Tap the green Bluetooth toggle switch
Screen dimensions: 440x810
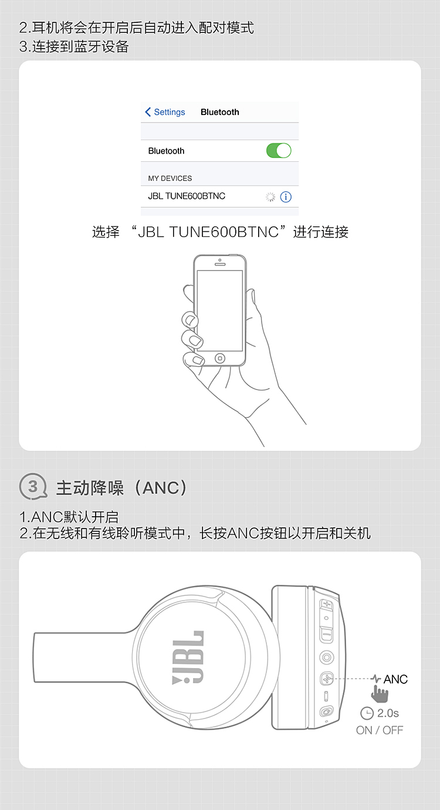pyautogui.click(x=279, y=151)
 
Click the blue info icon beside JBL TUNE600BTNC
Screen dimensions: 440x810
pyautogui.click(x=286, y=196)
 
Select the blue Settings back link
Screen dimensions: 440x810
pyautogui.click(x=165, y=112)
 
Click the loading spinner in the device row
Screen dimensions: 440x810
pyautogui.click(x=270, y=196)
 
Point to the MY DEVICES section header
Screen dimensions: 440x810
pyautogui.click(x=170, y=178)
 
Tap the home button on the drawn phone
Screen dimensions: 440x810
pyautogui.click(x=220, y=358)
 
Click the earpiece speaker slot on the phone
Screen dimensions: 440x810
pyautogui.click(x=220, y=265)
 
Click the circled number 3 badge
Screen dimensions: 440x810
pyautogui.click(x=33, y=487)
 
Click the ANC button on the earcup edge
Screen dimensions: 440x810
pyautogui.click(x=327, y=679)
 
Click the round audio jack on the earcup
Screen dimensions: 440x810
pyautogui.click(x=326, y=657)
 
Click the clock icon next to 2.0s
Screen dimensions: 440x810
pyautogui.click(x=367, y=713)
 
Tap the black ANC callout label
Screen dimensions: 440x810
pyautogui.click(x=395, y=679)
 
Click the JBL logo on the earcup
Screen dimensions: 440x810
pyautogui.click(x=188, y=657)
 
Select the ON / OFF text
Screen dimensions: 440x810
pyautogui.click(x=379, y=730)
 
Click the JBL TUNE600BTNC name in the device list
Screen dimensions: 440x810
pyautogui.click(x=187, y=196)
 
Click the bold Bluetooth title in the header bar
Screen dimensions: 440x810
pyautogui.click(x=220, y=112)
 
